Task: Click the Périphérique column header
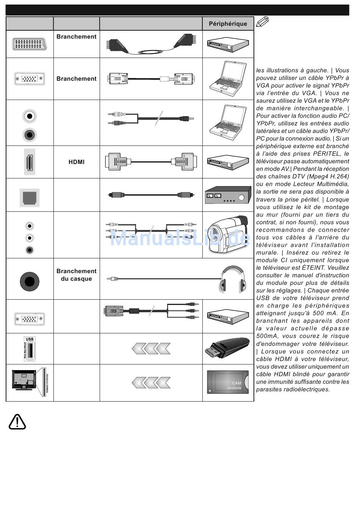tap(228, 23)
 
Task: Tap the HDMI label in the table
tap(77, 162)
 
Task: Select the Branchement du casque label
tap(77, 275)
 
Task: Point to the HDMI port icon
tap(30, 162)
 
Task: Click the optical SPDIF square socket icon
tap(30, 197)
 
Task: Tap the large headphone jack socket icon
tap(30, 281)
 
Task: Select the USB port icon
tap(30, 349)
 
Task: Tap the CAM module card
tap(228, 382)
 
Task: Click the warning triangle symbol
tap(17, 422)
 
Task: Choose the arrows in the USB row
tap(151, 348)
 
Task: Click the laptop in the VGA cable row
tap(228, 78)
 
